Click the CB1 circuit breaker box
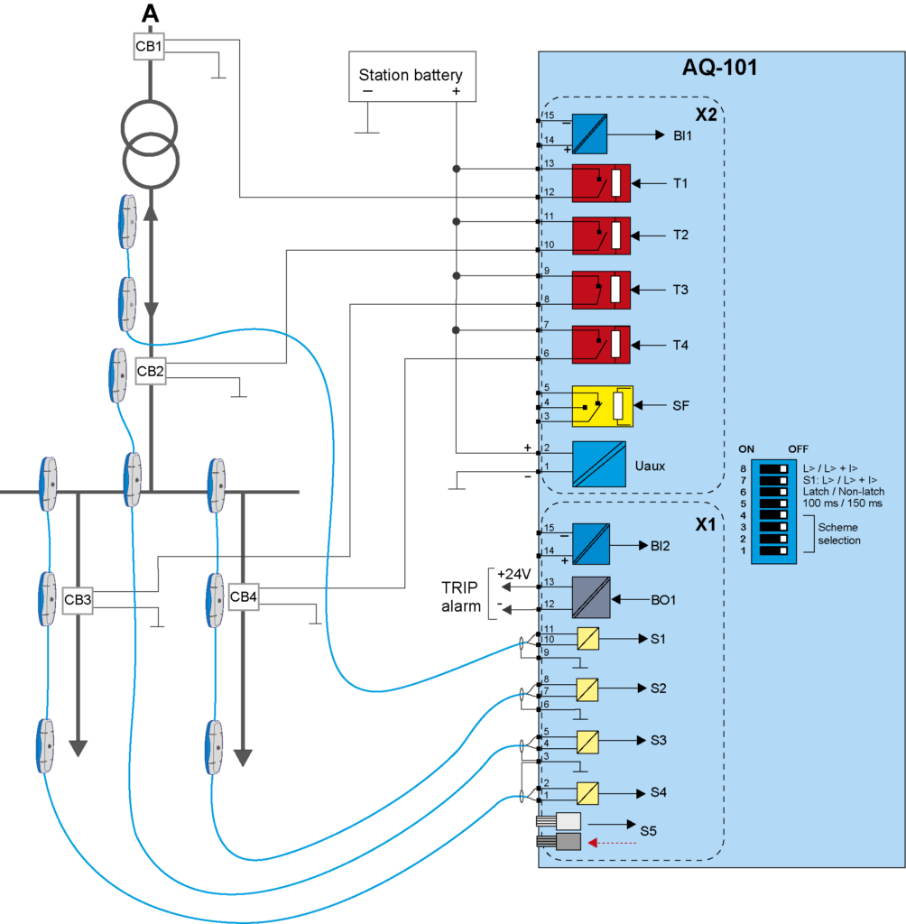150,47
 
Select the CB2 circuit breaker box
151,371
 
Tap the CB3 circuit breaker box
78,600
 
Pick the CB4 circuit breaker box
243,596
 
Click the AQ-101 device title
718,68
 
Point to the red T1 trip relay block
601,183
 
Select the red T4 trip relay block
601,345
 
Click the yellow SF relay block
603,405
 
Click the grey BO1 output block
591,597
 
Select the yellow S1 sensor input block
588,639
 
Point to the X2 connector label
706,116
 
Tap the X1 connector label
704,523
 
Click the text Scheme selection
838,533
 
